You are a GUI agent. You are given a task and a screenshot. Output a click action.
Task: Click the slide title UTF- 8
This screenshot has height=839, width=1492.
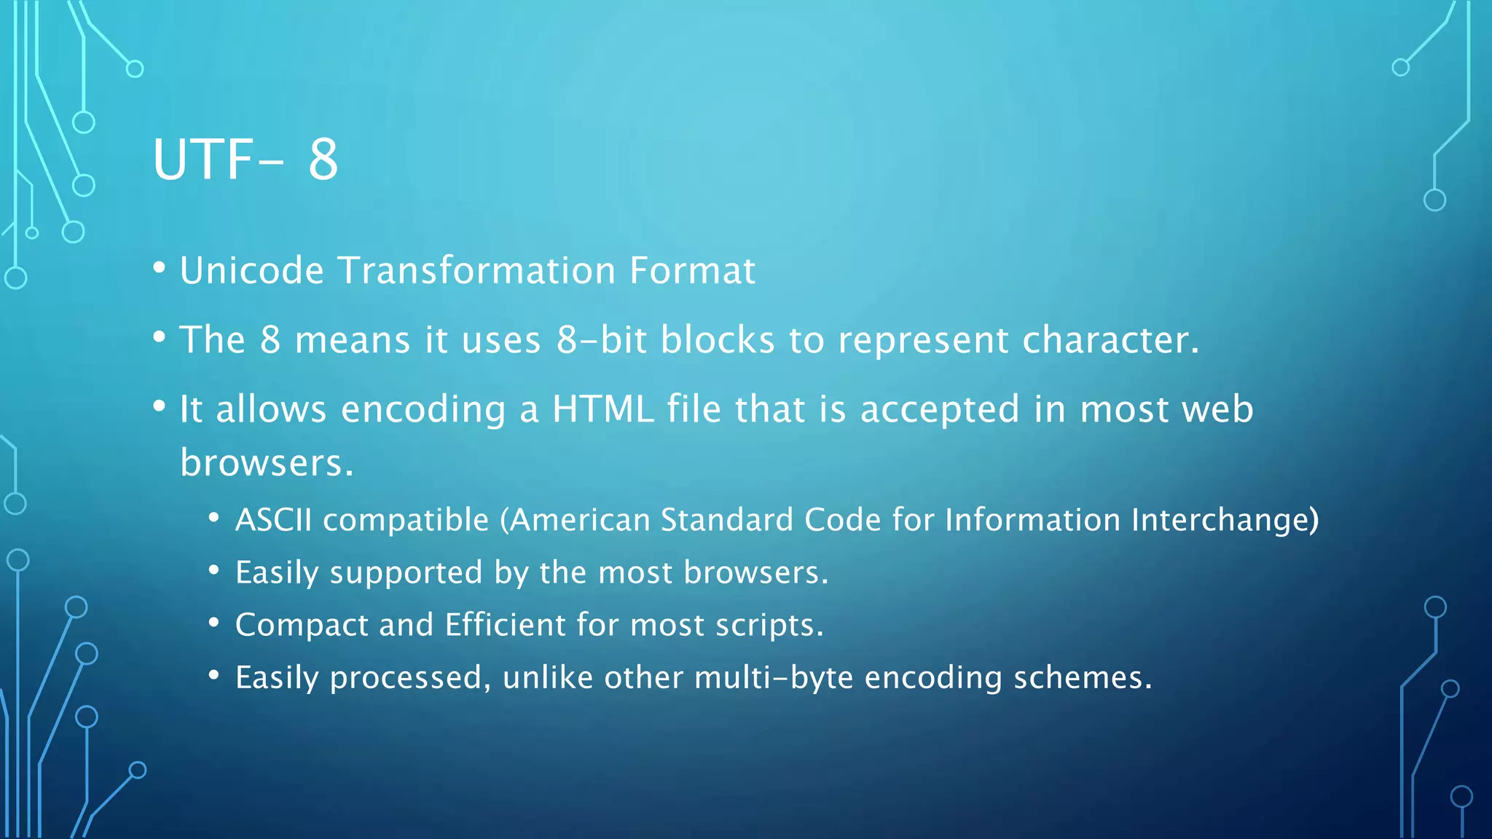tap(246, 159)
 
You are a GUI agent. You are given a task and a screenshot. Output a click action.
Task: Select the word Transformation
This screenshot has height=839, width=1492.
tap(476, 271)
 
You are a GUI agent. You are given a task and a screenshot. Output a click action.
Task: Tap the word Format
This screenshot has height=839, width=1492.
tap(692, 271)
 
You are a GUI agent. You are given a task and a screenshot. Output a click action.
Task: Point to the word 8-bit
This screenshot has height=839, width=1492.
tap(602, 340)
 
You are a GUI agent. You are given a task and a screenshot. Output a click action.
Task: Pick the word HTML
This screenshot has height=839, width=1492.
tap(602, 409)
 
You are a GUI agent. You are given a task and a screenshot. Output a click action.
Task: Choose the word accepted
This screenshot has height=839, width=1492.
tap(940, 409)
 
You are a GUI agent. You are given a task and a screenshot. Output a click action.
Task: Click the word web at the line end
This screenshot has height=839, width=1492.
tap(1217, 409)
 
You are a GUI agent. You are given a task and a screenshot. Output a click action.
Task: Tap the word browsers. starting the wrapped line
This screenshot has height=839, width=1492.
tap(267, 463)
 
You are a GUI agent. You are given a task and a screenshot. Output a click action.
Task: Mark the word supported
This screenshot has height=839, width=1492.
tap(406, 573)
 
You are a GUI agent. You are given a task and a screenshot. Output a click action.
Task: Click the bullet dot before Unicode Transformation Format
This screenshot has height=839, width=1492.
tap(160, 268)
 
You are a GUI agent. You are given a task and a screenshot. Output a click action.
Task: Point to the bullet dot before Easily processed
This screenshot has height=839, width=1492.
tap(213, 675)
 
